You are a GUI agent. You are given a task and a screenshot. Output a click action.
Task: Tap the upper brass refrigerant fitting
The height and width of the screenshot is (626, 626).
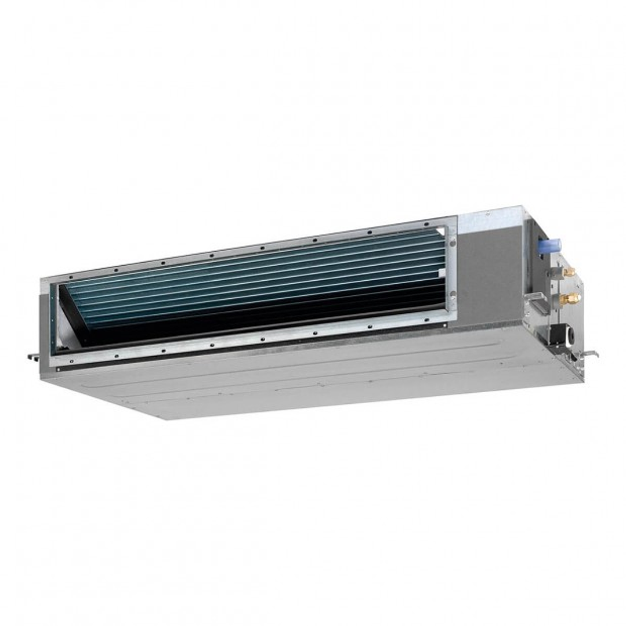(x=569, y=272)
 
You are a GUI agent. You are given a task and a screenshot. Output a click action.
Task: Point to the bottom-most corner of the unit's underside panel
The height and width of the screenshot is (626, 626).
(x=168, y=419)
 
